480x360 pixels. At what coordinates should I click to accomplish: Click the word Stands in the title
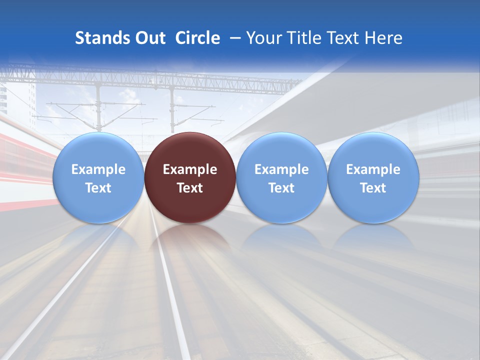pos(99,38)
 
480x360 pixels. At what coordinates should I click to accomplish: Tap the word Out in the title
pos(148,38)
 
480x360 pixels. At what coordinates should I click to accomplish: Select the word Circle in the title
pos(197,38)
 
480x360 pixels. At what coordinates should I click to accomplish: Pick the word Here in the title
pos(384,38)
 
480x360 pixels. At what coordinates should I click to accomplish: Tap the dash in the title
pos(234,38)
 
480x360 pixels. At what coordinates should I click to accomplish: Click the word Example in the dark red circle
pos(190,169)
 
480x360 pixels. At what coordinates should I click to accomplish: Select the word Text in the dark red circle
pos(190,188)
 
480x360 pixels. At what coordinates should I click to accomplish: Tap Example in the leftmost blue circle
pos(98,169)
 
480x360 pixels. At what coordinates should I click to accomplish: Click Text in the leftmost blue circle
pos(98,188)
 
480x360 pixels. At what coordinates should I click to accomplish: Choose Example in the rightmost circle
pos(373,169)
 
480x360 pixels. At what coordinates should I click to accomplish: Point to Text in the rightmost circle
pos(373,188)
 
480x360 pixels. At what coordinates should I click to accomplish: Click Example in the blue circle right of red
pos(281,169)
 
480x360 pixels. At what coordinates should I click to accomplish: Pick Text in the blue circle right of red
pos(281,188)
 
